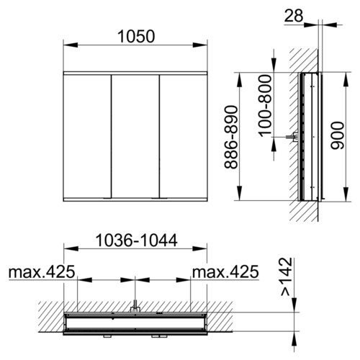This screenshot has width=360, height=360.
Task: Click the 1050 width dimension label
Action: coord(136,37)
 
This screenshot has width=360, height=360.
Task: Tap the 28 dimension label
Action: coord(294,16)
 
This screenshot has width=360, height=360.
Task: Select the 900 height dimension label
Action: coord(337,135)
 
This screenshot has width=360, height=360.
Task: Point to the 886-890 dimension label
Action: coord(231,137)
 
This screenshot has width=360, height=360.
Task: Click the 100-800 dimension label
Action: coord(265,106)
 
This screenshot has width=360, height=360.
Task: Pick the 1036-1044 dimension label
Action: coord(136,240)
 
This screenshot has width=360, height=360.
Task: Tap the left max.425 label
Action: coord(42,272)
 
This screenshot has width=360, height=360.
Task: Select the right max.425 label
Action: coord(225,272)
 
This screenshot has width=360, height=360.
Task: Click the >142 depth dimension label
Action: coord(287,276)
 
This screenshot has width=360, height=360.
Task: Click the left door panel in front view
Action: coord(87,136)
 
